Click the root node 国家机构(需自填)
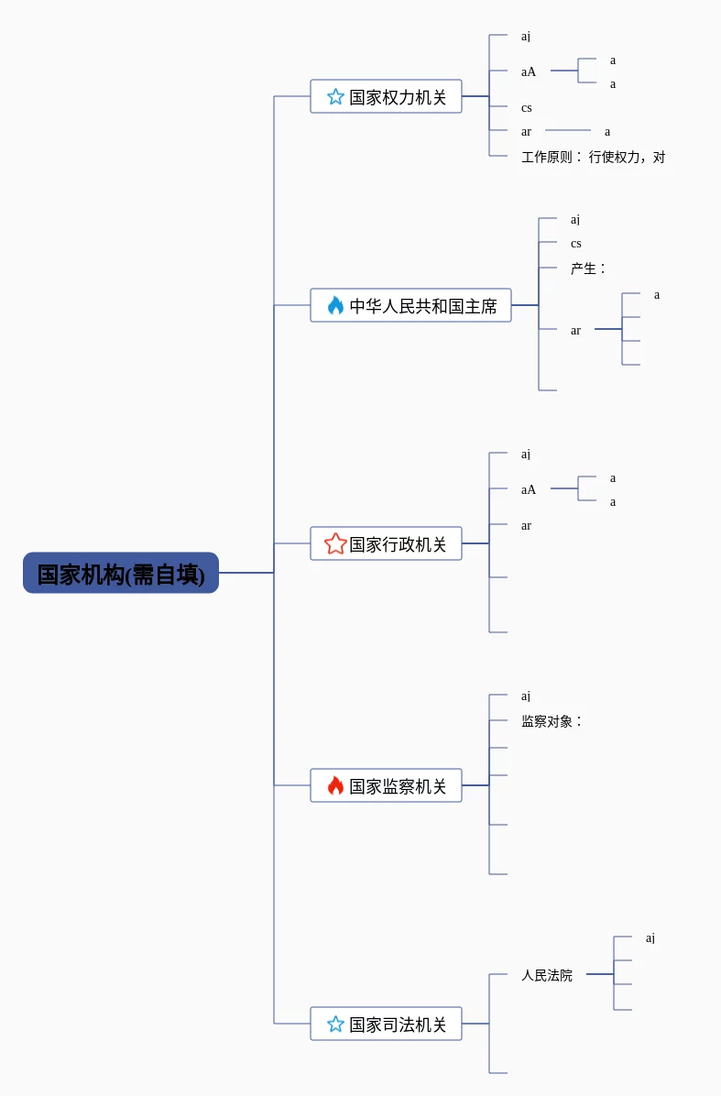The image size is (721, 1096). tap(121, 573)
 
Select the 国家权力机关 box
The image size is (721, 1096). tap(386, 96)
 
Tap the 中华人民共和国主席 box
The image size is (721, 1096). tap(410, 305)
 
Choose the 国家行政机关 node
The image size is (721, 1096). tap(386, 543)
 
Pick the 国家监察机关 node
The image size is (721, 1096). tap(386, 785)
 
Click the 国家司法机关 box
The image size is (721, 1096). tap(386, 1024)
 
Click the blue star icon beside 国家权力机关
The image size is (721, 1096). tap(335, 96)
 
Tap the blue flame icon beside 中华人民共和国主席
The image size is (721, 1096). tap(335, 305)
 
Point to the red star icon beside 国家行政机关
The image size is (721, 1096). tap(335, 543)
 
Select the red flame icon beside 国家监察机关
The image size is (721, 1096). tap(335, 785)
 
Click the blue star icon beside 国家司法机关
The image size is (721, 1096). tap(335, 1024)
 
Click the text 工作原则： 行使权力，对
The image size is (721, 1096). tap(593, 158)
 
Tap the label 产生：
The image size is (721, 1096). tap(587, 269)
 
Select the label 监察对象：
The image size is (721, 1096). tap(552, 721)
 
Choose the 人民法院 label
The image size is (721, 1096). tap(547, 975)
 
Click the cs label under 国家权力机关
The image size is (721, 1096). tap(527, 107)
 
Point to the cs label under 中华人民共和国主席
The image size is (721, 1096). tap(575, 243)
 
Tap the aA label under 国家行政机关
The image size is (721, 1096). tap(529, 489)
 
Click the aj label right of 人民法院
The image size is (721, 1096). tap(650, 938)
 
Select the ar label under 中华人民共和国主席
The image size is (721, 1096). tap(575, 331)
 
